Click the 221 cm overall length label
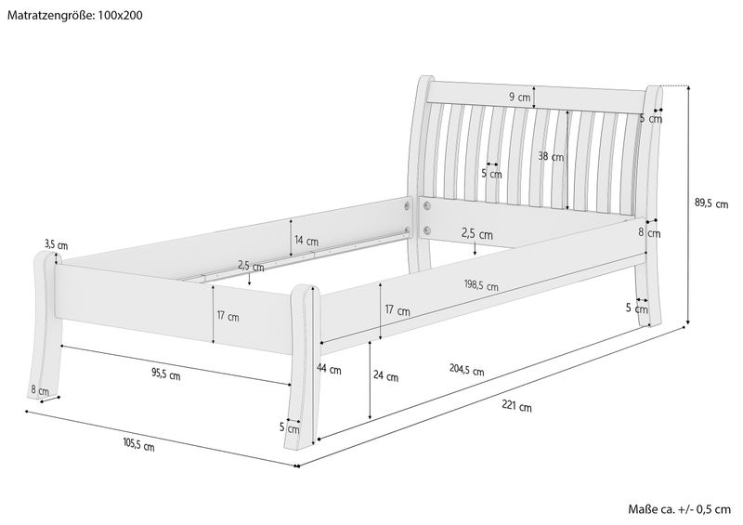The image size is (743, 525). point(517,406)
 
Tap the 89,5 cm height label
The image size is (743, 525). point(711,203)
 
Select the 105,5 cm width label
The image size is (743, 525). point(138,445)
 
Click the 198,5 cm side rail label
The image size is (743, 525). point(481,285)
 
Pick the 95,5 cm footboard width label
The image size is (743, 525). point(166,375)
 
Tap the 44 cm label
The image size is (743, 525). point(329,369)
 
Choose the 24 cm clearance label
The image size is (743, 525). point(385,376)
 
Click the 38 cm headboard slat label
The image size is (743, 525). point(551,156)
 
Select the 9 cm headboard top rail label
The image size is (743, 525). point(520,98)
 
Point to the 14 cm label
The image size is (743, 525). point(306,241)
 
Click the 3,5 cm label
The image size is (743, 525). point(57,245)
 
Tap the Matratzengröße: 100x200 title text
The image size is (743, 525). point(75,15)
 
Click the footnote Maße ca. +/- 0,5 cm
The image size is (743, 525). point(680,509)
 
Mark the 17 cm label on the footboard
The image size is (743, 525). point(228,316)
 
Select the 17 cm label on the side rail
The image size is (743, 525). point(398,310)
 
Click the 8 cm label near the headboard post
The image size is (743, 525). point(649,233)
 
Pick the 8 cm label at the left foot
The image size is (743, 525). point(40,391)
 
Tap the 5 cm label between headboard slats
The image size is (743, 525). point(491,174)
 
